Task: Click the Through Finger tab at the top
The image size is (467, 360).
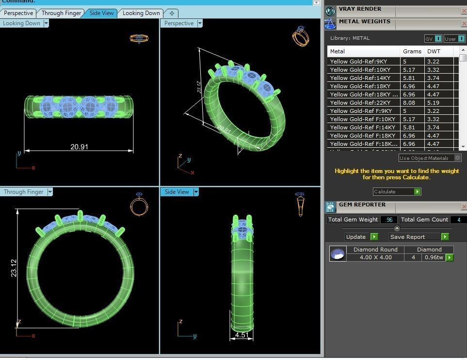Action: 61,13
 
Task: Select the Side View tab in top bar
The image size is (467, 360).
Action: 101,13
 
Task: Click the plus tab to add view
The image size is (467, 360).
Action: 172,13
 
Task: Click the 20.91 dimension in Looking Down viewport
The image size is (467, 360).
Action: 79,146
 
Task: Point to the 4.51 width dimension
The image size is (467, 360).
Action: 242,334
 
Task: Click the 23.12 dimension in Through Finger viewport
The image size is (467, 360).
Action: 14,268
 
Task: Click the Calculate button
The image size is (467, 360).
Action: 397,192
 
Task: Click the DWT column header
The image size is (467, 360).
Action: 434,51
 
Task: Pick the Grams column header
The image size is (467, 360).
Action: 412,51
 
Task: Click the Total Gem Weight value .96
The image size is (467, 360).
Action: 388,219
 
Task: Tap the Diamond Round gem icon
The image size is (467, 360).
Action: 338,253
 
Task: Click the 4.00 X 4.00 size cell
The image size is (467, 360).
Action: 375,257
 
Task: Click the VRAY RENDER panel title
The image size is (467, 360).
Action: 360,9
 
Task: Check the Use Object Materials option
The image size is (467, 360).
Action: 457,158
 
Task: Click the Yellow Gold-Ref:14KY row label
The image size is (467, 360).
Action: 360,78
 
